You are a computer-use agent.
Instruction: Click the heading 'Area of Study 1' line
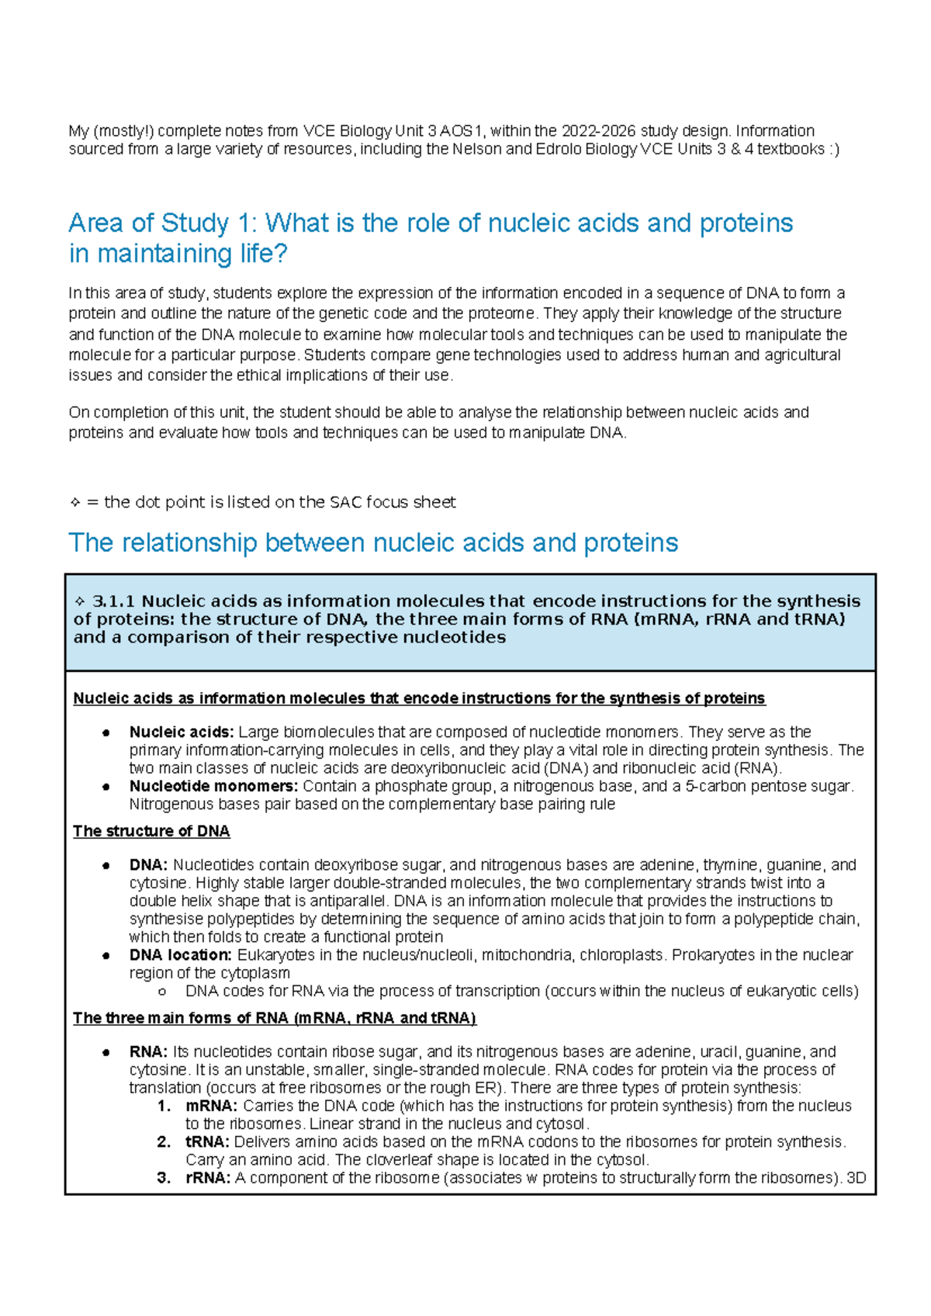tap(431, 223)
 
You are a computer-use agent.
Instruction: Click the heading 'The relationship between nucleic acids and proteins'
tap(373, 542)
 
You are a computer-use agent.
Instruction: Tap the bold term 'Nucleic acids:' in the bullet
tap(181, 732)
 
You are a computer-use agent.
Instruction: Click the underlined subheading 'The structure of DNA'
tap(151, 831)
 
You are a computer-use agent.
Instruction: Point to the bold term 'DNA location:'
tap(180, 954)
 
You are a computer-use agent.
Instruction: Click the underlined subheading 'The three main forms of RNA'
tap(274, 1018)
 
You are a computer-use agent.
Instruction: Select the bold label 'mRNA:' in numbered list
tap(211, 1106)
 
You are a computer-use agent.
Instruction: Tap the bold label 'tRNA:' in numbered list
tap(207, 1142)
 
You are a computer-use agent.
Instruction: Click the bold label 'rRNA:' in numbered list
tap(208, 1178)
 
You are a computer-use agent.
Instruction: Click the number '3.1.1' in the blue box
tap(113, 601)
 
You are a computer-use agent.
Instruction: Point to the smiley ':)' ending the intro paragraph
tap(834, 149)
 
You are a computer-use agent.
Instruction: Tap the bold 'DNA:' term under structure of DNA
tap(148, 864)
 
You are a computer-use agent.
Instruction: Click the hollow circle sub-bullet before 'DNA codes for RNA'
tap(161, 992)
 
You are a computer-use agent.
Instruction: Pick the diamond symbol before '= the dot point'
tap(75, 503)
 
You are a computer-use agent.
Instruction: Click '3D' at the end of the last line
tap(856, 1178)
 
